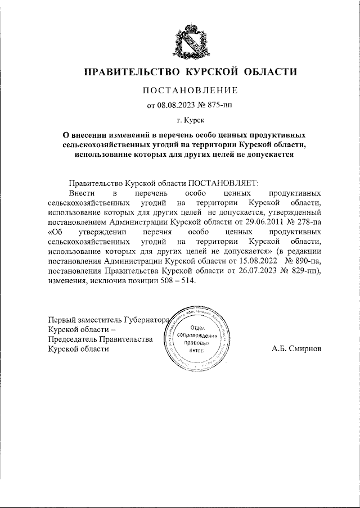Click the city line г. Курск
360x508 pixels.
(x=190, y=120)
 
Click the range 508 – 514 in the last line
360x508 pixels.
(x=177, y=281)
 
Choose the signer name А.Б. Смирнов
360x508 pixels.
(x=296, y=348)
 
